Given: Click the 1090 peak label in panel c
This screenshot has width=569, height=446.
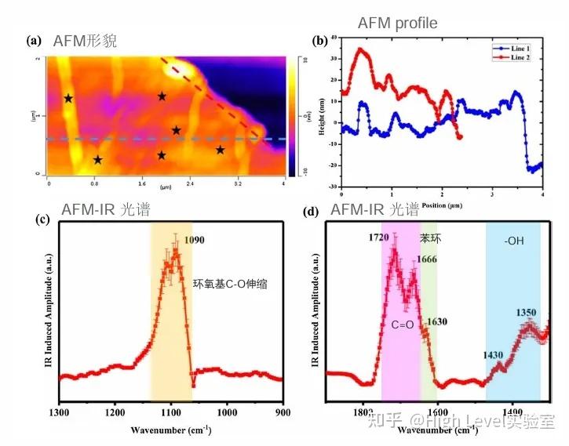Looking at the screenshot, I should (x=194, y=240).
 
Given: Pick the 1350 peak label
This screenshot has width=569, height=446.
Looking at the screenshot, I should (x=526, y=312).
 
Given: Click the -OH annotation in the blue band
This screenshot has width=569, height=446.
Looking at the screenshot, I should (x=515, y=241).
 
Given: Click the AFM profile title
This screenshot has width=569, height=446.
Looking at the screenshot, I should (x=397, y=24).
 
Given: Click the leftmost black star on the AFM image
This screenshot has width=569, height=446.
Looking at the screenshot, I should (x=68, y=99).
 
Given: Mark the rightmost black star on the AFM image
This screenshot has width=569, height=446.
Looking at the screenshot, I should (x=221, y=150).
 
